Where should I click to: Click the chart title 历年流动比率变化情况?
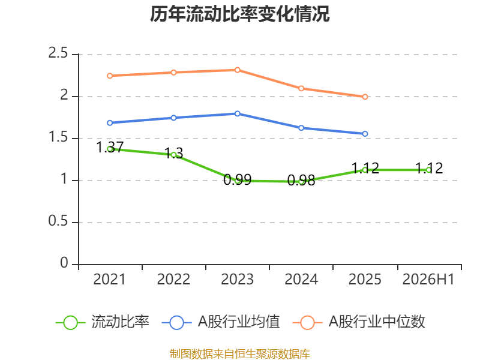[x=239, y=14]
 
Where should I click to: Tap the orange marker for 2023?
[x=237, y=70]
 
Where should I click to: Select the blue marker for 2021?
[x=110, y=123]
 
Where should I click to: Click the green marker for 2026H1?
[x=428, y=170]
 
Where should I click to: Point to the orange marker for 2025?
[x=365, y=97]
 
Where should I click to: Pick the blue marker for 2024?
[x=301, y=128]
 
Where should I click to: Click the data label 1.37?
[x=110, y=147]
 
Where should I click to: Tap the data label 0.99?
[x=237, y=179]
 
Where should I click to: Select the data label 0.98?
[x=301, y=181]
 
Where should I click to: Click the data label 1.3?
[x=173, y=153]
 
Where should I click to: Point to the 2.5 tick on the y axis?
[x=58, y=53]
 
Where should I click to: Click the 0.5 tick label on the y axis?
[x=58, y=221]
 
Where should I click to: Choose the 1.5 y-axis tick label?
[x=58, y=137]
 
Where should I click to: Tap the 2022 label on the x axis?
[x=173, y=279]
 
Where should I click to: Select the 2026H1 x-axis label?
[x=428, y=279]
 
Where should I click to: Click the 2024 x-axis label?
[x=301, y=279]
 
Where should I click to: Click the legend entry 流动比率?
[x=103, y=322]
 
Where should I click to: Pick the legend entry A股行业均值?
[x=221, y=322]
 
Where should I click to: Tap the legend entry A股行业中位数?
[x=359, y=322]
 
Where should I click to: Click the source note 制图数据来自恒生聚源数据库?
[x=240, y=354]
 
